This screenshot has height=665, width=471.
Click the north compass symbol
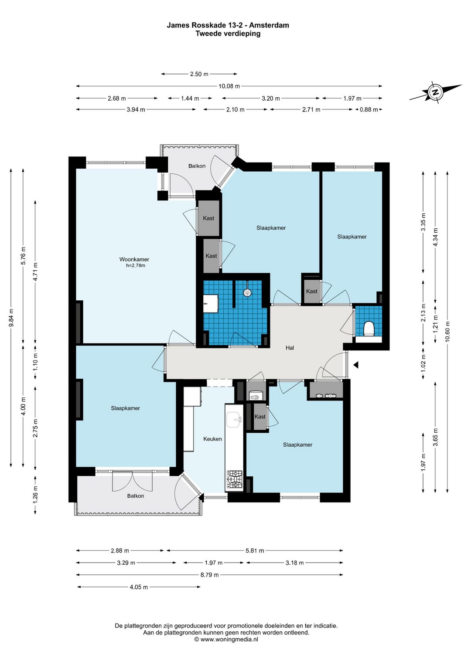(435, 92)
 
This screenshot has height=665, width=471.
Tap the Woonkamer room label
(134, 259)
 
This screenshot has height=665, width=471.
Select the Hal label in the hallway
(290, 348)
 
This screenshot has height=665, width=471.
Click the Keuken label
(212, 439)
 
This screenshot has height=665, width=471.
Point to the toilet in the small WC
(369, 329)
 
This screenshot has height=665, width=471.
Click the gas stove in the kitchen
(235, 479)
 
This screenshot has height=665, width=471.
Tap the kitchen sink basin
(234, 420)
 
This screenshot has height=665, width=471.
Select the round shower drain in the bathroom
(247, 292)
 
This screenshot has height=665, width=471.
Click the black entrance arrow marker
(356, 365)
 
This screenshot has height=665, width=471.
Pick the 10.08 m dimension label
(229, 86)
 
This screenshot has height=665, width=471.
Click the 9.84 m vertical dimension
(11, 318)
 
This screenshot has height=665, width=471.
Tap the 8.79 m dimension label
(209, 575)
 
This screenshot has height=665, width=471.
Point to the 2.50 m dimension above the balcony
(199, 74)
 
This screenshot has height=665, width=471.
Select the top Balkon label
(197, 166)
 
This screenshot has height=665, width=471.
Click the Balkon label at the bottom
(136, 496)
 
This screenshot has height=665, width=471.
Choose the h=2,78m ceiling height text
(136, 265)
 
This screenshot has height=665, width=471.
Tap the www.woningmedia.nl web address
(229, 639)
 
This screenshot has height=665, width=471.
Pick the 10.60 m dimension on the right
(447, 332)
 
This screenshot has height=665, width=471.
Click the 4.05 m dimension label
(139, 587)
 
